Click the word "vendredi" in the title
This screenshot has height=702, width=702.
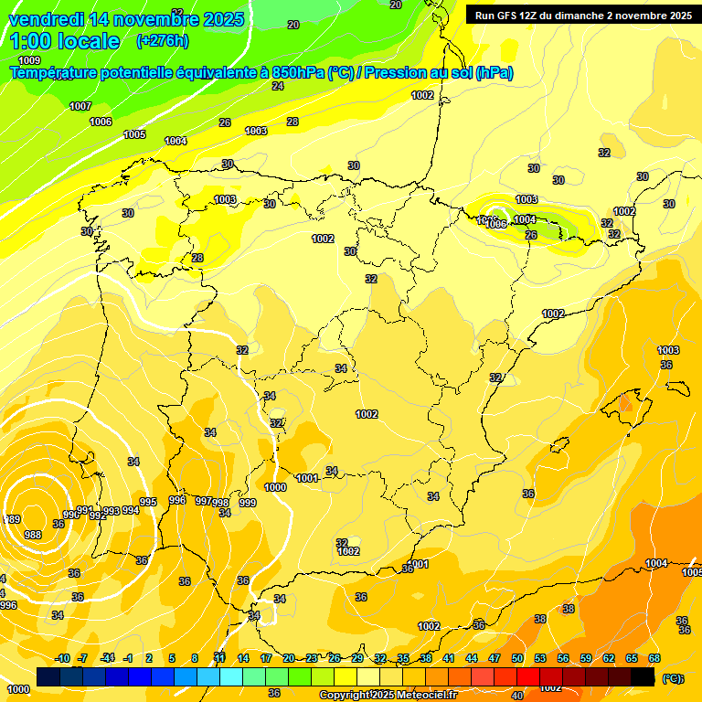point(46,19)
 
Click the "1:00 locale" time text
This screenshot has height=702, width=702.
point(64,41)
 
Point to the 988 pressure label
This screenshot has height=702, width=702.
point(33,535)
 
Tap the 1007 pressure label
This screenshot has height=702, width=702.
point(80,106)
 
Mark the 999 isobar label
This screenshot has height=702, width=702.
point(247,503)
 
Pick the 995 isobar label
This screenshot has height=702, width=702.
point(148,502)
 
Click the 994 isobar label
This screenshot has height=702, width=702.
point(131,510)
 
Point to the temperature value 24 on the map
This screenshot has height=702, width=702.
point(278,86)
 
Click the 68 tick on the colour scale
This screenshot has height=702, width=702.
point(654,658)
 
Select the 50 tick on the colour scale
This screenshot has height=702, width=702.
point(517,658)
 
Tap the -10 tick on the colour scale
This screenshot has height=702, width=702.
point(62,658)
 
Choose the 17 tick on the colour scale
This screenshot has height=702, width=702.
point(266,658)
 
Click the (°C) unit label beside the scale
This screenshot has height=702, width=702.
point(673,678)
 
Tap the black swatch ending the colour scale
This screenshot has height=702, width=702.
point(643,676)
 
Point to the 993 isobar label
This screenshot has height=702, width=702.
point(112,511)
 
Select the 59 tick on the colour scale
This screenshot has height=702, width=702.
point(586,658)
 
